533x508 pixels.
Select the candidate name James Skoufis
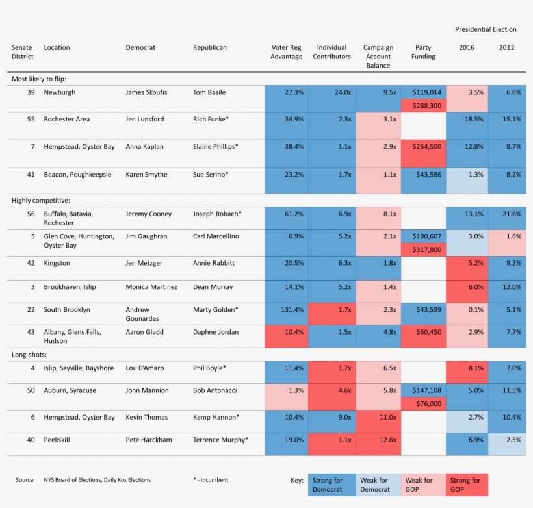[x=146, y=92]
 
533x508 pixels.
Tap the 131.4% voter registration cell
[x=287, y=310]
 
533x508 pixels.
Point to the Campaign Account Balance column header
[x=378, y=57]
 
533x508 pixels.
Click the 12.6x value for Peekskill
[x=378, y=440]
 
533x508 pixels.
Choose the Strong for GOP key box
[x=466, y=485]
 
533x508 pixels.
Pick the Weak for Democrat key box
[x=377, y=485]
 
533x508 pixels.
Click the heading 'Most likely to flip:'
[x=39, y=79]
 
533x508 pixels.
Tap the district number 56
[x=31, y=214]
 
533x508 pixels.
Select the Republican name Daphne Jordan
[x=216, y=332]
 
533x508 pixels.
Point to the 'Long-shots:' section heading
[x=30, y=355]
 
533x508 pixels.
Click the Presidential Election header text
[x=486, y=29]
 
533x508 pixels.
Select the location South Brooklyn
[x=67, y=310]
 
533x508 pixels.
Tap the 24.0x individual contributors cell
[x=332, y=92]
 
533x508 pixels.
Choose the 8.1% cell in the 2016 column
[x=467, y=368]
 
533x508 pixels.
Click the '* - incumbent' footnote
[x=211, y=480]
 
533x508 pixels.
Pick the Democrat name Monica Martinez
[x=151, y=287]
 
